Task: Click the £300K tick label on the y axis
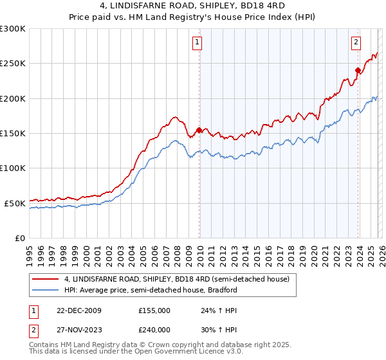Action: (x=13, y=29)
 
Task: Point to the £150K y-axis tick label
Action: (x=13, y=133)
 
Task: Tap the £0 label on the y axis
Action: (x=20, y=238)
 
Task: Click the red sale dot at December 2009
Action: (x=199, y=130)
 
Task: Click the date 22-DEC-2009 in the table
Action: (x=78, y=310)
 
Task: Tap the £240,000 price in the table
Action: (x=154, y=328)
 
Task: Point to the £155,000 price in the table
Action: (x=154, y=310)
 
